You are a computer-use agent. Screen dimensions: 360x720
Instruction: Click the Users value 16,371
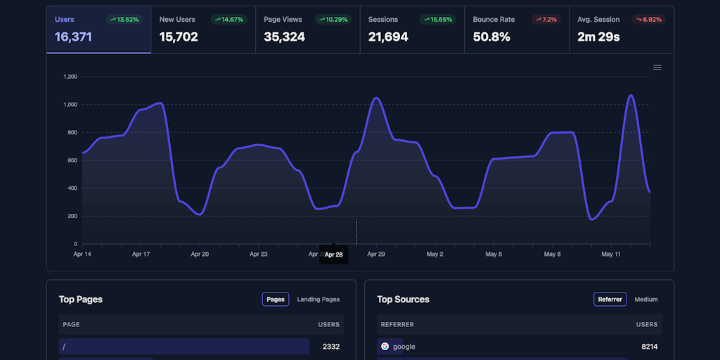73,37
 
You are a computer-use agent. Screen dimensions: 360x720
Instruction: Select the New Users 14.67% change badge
228,20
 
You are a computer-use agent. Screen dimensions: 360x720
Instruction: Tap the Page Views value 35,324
284,37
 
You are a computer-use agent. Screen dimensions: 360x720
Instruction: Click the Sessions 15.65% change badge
437,20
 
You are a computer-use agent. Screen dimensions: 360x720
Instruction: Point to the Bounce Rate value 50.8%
491,37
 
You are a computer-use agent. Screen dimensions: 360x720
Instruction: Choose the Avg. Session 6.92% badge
648,20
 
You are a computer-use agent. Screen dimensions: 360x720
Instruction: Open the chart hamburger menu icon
657,67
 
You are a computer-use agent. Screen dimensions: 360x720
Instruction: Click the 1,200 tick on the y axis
70,77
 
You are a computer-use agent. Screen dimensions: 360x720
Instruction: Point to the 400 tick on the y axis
72,188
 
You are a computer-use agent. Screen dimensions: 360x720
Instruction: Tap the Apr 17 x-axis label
141,254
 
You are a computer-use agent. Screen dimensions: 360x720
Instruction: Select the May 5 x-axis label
493,254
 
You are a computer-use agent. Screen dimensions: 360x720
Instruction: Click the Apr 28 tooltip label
333,255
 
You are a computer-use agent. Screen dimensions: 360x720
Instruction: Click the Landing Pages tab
318,300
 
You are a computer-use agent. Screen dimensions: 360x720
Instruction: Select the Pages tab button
276,300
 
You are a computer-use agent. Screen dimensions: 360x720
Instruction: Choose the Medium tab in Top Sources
645,300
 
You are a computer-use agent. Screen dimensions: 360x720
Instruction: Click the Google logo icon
385,346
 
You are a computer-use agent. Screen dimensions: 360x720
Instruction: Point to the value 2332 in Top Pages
330,346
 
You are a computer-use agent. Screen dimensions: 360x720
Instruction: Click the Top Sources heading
403,300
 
